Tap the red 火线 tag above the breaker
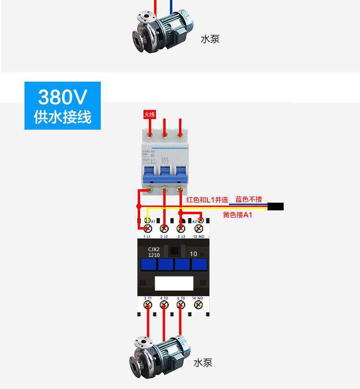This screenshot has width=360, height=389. click(150, 115)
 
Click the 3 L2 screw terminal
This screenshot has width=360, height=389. click(164, 228)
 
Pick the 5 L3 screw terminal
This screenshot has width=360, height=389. click(180, 228)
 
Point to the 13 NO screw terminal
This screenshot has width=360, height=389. click(197, 228)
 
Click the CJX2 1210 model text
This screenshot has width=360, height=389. click(154, 252)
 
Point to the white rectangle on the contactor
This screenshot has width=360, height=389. click(173, 283)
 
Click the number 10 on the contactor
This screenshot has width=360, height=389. click(193, 254)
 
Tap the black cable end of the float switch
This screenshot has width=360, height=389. click(276, 207)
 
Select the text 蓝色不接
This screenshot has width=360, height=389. click(249, 199)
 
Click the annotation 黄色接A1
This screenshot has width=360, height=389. click(238, 215)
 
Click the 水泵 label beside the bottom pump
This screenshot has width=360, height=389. click(203, 363)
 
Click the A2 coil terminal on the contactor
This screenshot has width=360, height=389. click(201, 220)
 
